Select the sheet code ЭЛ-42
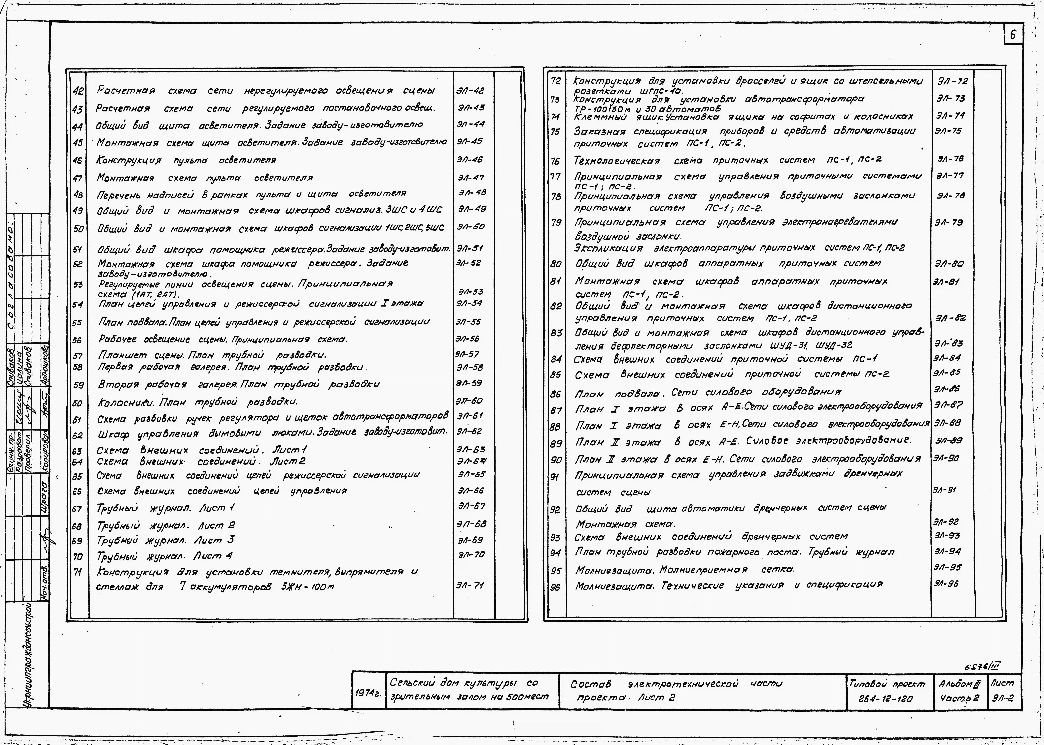[470, 91]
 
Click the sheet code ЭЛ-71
[470, 585]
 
